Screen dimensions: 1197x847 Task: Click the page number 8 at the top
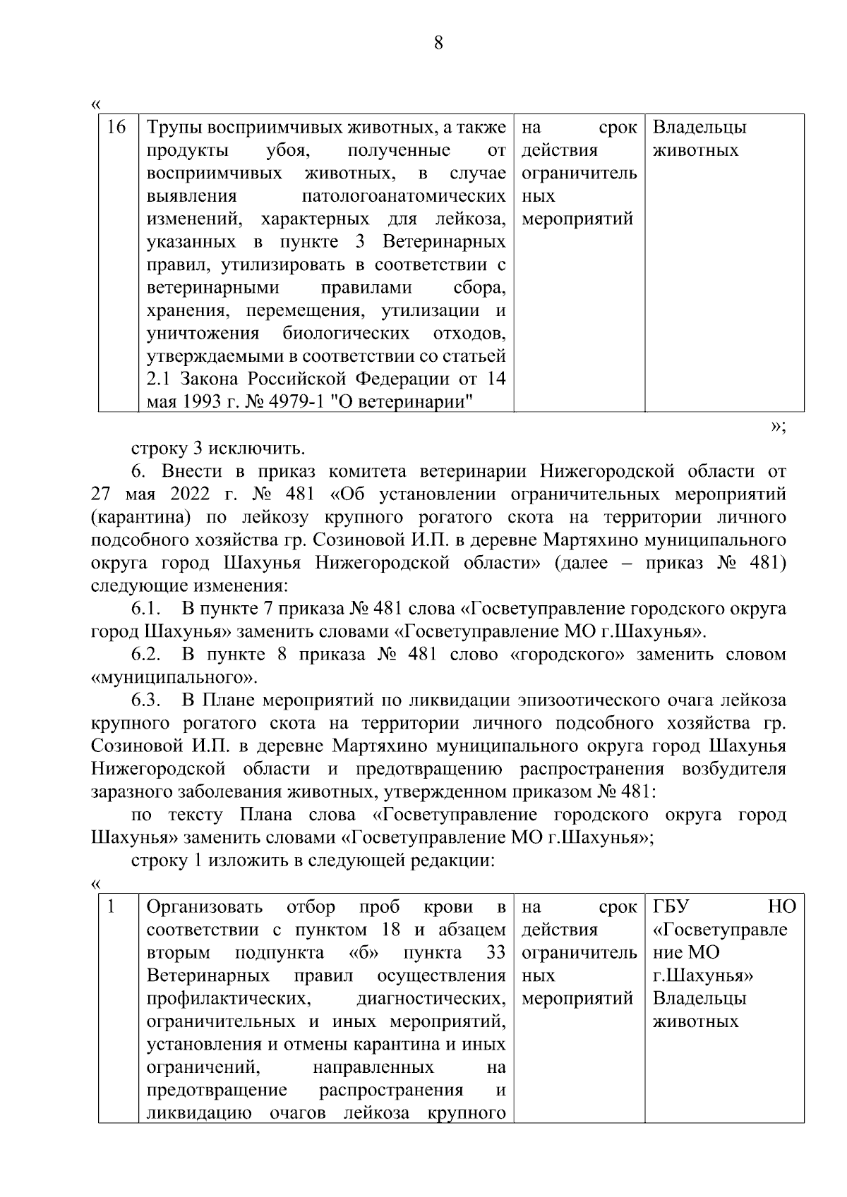(438, 43)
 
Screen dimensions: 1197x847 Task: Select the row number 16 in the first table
(116, 128)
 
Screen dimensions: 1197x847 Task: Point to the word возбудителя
(734, 769)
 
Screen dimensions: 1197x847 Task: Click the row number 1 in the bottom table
(111, 907)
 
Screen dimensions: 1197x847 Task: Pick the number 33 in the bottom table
(495, 953)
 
